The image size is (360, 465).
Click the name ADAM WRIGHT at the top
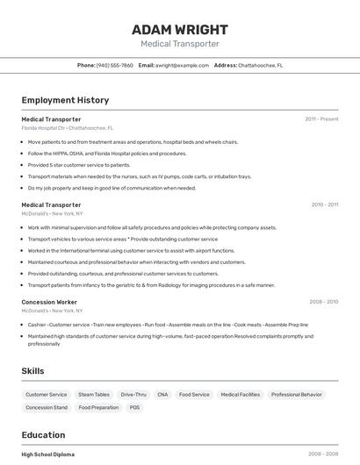[179, 29]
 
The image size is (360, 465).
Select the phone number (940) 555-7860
[115, 65]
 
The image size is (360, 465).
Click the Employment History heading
[65, 100]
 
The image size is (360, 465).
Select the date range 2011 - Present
[321, 118]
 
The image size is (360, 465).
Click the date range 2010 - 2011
[324, 204]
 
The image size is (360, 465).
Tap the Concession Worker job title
[51, 302]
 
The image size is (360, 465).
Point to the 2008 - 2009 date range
[323, 302]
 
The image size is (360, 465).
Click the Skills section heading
[32, 371]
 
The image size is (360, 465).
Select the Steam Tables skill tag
[94, 395]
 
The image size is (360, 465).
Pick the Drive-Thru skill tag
[133, 395]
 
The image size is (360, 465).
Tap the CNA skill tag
[162, 395]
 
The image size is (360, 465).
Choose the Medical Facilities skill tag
[240, 395]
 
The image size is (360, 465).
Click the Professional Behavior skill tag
[297, 395]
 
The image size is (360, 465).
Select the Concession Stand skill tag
[47, 407]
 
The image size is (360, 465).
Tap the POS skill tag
[134, 407]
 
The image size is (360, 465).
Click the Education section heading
[43, 435]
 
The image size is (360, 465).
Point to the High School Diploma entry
[48, 454]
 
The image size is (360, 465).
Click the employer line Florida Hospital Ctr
[67, 127]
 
